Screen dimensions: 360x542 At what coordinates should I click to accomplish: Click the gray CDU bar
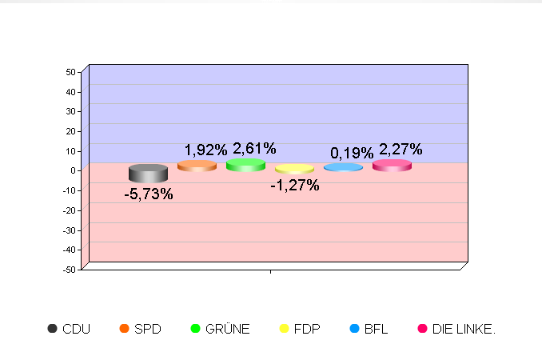148,173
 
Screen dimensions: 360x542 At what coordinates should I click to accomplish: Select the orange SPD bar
197,166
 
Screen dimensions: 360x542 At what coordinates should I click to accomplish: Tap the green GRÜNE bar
245,165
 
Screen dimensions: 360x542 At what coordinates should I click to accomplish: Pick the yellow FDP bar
294,169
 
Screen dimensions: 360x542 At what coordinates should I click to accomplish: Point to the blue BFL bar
343,167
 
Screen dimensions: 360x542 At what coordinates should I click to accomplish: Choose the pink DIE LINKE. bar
392,166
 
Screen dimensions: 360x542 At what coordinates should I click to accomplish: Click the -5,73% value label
149,194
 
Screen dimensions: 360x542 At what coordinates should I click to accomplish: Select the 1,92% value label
205,150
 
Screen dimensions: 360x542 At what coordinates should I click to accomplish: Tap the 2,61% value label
255,149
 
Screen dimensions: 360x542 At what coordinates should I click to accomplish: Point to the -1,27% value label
295,186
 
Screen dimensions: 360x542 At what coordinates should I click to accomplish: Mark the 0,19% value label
353,153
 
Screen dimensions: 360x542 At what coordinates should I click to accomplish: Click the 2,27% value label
401,149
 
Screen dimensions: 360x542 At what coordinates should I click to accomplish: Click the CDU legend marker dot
53,329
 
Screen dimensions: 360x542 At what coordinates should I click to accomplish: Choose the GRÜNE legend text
228,329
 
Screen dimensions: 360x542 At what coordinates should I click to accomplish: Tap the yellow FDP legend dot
283,329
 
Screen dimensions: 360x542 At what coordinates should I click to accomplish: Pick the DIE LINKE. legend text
464,329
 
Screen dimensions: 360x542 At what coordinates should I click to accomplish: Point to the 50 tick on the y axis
71,72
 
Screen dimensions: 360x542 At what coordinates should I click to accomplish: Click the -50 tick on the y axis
70,270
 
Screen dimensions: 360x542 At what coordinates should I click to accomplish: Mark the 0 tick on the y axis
74,170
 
